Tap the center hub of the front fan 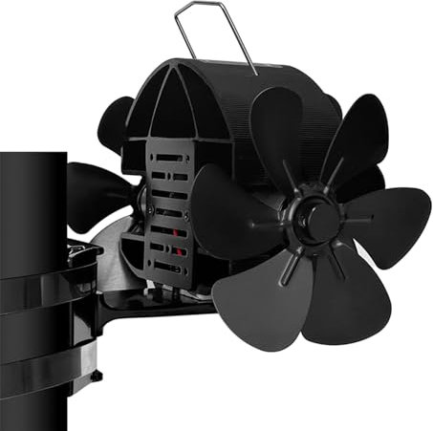click(x=321, y=217)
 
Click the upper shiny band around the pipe click(x=38, y=287)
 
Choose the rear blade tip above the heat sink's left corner click(x=115, y=119)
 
